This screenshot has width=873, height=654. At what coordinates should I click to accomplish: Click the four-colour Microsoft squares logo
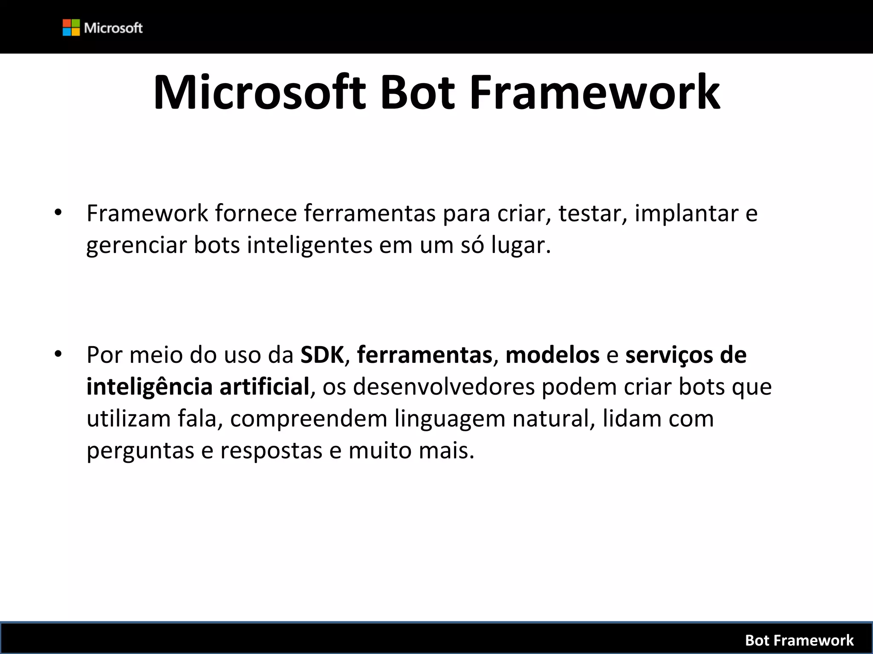(x=71, y=28)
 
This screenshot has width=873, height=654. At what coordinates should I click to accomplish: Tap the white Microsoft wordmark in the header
(x=113, y=28)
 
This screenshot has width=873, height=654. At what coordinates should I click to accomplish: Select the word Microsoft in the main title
(x=260, y=92)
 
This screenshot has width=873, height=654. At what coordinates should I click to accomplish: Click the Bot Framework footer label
(x=799, y=640)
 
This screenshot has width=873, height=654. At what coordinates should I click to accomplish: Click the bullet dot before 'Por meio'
(x=58, y=354)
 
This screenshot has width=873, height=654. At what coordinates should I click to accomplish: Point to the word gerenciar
(x=136, y=246)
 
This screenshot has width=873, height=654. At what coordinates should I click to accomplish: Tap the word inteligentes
(x=309, y=246)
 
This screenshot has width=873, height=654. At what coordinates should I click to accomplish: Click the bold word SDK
(x=322, y=355)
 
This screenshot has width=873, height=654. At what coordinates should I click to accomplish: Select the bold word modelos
(x=552, y=355)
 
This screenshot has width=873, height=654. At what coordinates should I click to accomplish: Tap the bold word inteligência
(x=150, y=387)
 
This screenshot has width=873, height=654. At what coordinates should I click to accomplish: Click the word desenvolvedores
(x=444, y=387)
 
